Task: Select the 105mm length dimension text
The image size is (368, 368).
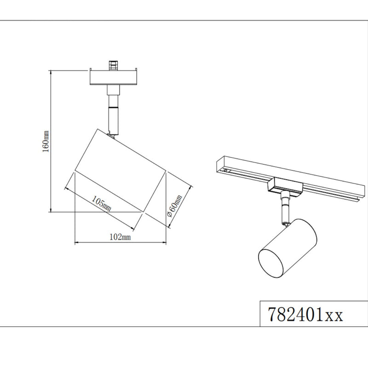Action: point(101,202)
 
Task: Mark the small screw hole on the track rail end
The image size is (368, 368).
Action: point(226,170)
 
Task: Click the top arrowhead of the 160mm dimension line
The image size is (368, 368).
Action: point(50,71)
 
